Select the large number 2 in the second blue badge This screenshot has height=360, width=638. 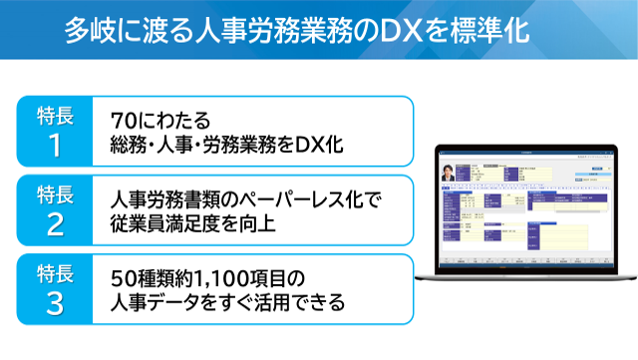tap(55, 224)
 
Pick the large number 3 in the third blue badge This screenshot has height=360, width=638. tap(55, 302)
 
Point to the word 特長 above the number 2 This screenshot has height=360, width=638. tap(55, 191)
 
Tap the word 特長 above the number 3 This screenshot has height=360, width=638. tap(55, 269)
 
